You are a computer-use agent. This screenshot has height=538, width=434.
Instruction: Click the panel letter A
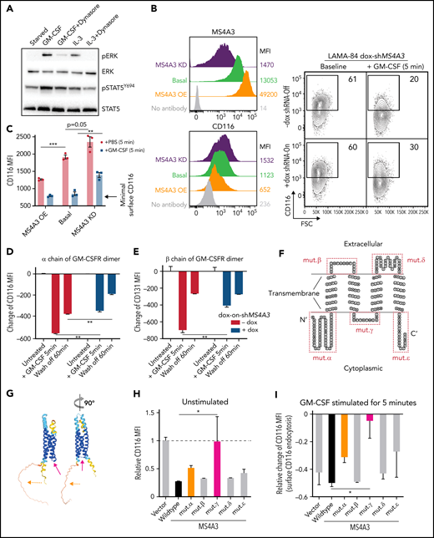click(x=6, y=9)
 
